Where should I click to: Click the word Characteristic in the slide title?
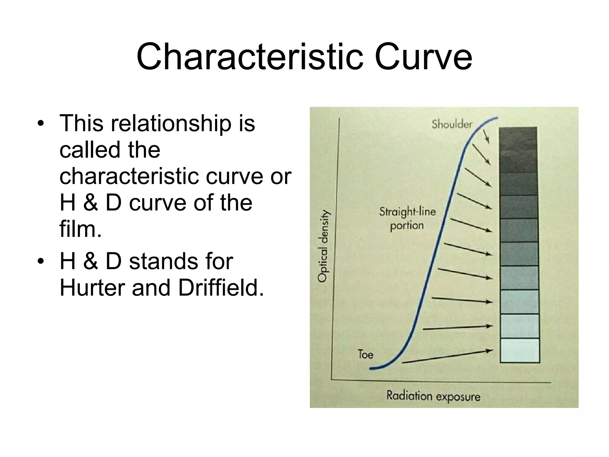click(249, 57)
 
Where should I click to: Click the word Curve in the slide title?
click(423, 57)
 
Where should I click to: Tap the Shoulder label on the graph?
click(452, 124)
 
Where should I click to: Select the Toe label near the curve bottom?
click(365, 354)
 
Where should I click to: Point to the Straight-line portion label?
click(407, 218)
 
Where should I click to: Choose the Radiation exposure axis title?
click(433, 396)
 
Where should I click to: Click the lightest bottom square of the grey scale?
click(520, 350)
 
